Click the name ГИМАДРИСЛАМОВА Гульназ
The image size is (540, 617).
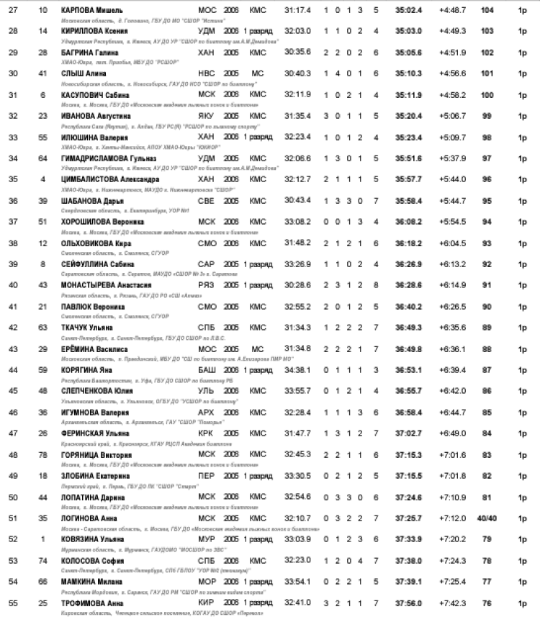point(106,158)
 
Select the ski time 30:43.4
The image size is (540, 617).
point(297,199)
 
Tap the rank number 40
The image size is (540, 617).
point(14,286)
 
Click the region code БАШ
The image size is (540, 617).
point(206,369)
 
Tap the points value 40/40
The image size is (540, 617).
point(486,518)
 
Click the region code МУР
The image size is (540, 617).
point(206,539)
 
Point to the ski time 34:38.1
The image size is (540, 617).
point(297,369)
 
